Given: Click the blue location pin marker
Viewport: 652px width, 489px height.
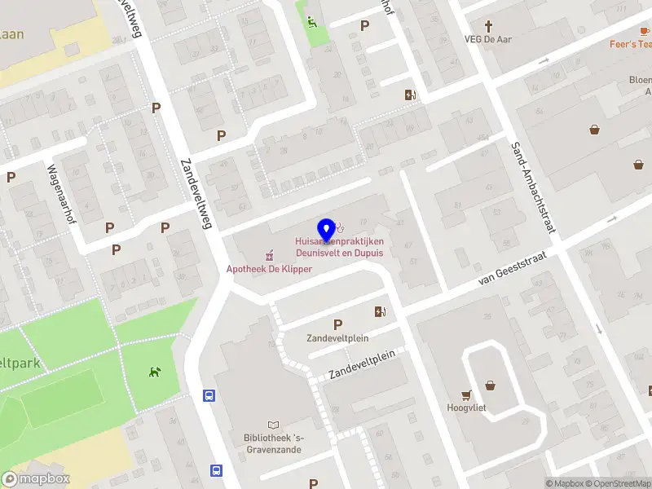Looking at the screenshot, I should click(x=327, y=231).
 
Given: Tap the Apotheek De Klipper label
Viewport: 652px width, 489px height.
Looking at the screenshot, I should click(x=269, y=269).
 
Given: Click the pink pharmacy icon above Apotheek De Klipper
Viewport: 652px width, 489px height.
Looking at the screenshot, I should click(x=268, y=254).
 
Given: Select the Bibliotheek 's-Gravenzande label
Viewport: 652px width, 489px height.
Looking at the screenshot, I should click(x=272, y=443).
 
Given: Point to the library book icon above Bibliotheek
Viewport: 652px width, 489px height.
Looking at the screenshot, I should click(x=272, y=425).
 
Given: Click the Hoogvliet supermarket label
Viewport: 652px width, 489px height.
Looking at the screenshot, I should click(x=466, y=407).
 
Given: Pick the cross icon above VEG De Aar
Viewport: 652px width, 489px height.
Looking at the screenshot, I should click(x=489, y=26).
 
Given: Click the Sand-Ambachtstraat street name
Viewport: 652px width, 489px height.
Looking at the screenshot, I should click(x=533, y=188).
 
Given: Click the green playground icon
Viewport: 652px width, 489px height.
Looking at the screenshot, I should click(x=312, y=22).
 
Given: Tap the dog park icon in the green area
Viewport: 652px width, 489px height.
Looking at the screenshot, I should click(x=154, y=372).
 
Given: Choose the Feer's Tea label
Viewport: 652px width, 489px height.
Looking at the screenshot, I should click(x=631, y=44).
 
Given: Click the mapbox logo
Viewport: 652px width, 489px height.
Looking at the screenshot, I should click(x=36, y=478).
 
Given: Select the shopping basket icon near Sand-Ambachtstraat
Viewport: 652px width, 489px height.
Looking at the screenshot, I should click(x=595, y=129).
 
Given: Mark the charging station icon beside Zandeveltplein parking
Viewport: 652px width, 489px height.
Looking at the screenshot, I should click(x=379, y=311).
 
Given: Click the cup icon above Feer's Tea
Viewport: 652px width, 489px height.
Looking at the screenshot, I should click(x=644, y=31).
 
